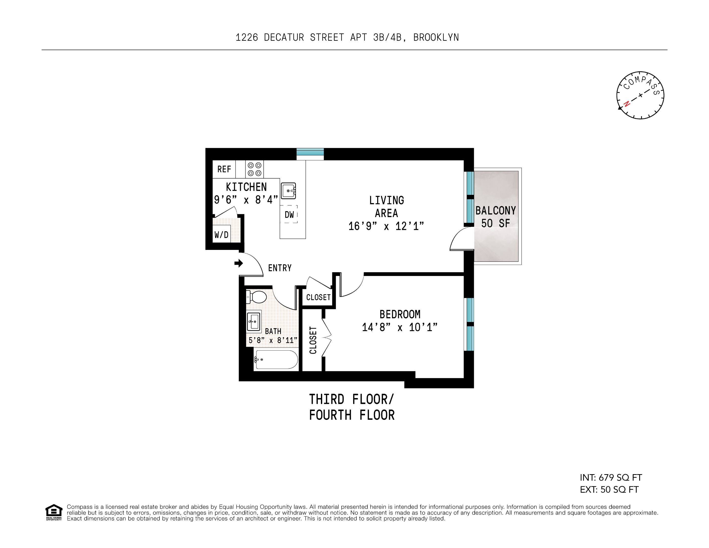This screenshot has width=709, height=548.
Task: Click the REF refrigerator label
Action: [x=224, y=169]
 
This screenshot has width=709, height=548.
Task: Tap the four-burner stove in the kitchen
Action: [x=254, y=169]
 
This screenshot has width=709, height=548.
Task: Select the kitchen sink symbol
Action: [x=288, y=191]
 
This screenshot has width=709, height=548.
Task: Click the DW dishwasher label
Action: [x=289, y=215]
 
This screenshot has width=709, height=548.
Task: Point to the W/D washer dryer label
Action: [x=221, y=234]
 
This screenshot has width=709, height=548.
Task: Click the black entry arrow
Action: [x=239, y=263]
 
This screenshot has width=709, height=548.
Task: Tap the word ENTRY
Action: [x=280, y=268]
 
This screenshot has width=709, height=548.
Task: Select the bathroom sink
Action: [x=253, y=322]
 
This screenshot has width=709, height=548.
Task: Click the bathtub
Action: [x=276, y=359]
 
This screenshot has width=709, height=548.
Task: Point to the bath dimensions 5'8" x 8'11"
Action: [x=273, y=340]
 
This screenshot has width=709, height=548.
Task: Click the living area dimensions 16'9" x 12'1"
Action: [x=386, y=226]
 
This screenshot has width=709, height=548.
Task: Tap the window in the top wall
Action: [x=310, y=154]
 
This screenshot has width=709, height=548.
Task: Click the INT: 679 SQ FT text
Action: [x=611, y=477]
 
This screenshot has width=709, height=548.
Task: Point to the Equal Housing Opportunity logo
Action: [x=53, y=512]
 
